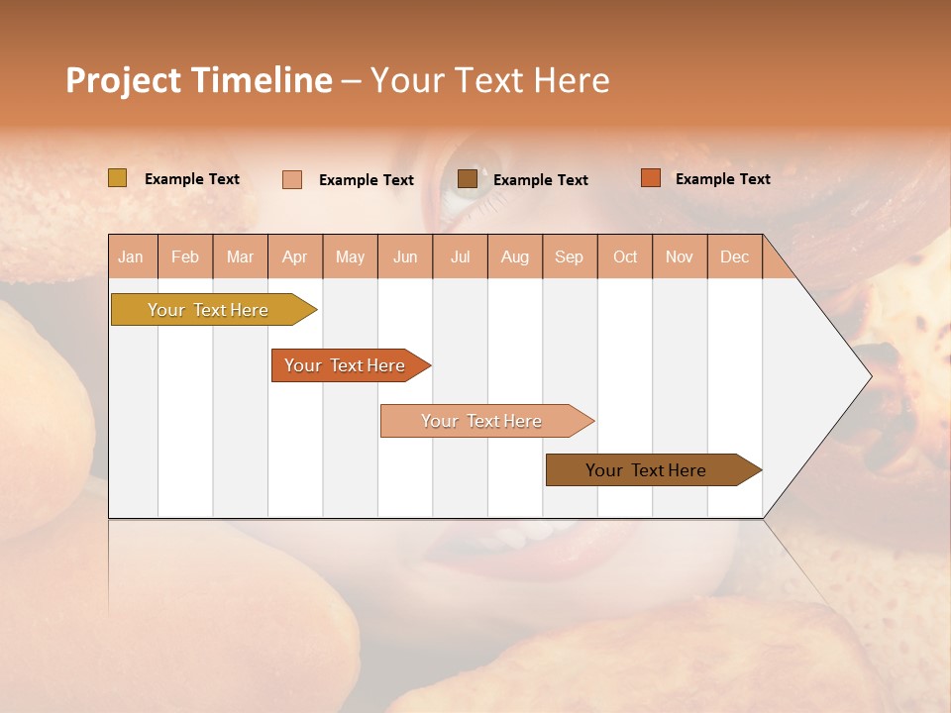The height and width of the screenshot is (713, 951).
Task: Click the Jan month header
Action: coord(131,257)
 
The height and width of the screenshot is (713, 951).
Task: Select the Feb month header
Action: coord(185,257)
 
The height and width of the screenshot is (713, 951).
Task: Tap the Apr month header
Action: coord(295,257)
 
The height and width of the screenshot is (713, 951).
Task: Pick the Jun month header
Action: coord(405,257)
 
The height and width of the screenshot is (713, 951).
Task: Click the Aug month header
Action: coord(515,257)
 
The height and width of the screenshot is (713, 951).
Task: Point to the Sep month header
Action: coord(570,257)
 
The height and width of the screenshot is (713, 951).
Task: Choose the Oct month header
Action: coord(625,257)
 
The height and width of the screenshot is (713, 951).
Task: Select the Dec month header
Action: coord(735,257)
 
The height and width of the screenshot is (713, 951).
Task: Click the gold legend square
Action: coord(118,178)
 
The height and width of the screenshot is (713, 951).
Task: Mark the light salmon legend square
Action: coord(292,179)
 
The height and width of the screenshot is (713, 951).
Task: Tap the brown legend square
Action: coord(468,178)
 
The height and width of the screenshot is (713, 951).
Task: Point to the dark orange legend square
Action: coord(651,178)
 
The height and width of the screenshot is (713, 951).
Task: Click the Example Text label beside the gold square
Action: coord(192,179)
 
